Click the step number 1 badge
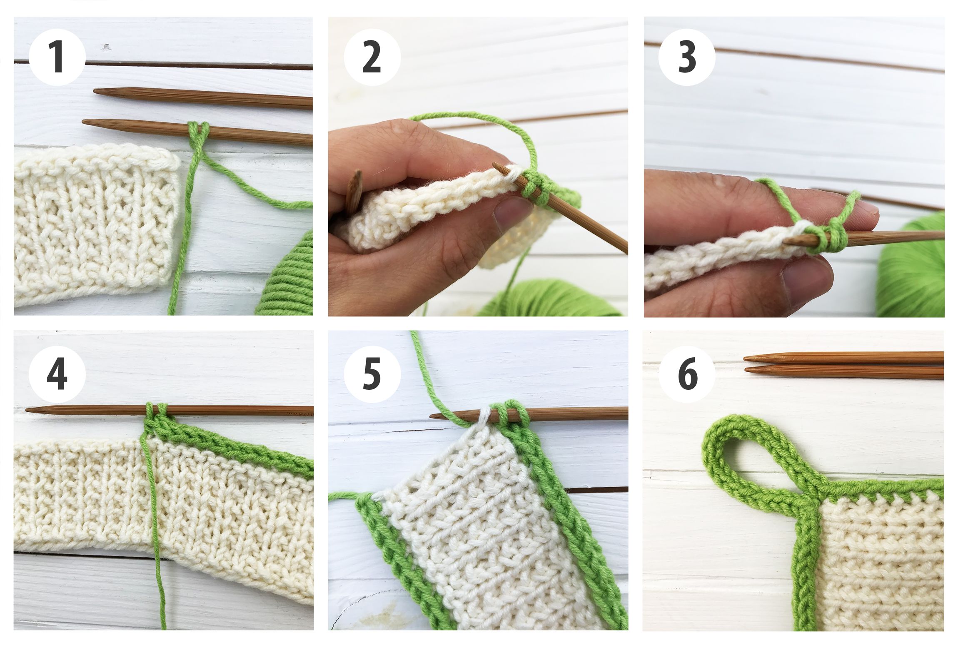pos(57,57)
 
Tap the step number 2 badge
pos(372,57)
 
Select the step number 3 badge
pos(686,57)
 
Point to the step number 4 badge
pos(57,374)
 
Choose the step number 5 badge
pos(372,374)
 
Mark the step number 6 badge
pos(687,374)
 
